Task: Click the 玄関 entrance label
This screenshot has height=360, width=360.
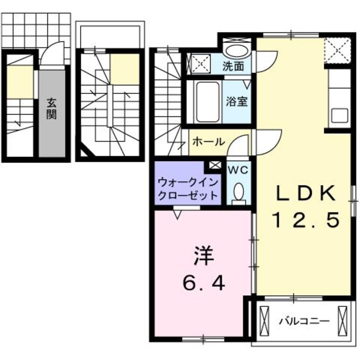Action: point(52,109)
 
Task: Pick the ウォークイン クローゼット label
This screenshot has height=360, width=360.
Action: point(188,189)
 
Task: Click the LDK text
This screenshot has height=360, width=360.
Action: point(306,194)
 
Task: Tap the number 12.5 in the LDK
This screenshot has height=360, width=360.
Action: point(306,220)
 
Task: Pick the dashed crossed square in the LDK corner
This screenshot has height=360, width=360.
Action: point(337,50)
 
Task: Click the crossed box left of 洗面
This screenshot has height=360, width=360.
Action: point(197,63)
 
